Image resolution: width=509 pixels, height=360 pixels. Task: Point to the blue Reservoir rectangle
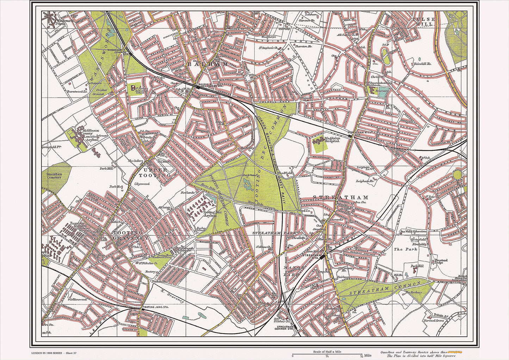[x=383, y=91]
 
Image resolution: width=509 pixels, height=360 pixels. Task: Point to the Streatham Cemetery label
[x=52, y=175]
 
